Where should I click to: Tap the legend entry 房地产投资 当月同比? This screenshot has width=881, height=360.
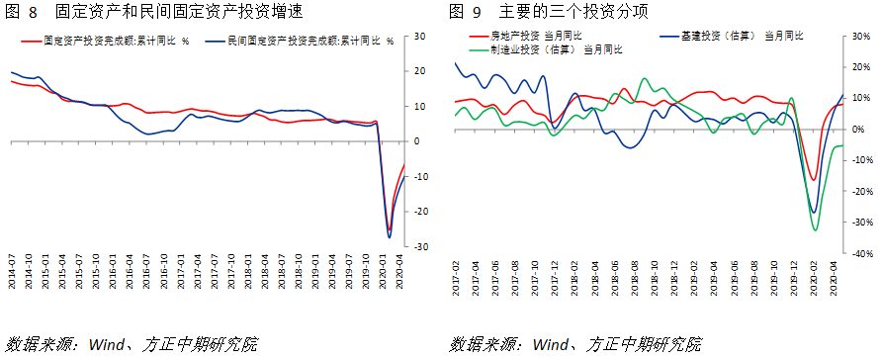click(533, 36)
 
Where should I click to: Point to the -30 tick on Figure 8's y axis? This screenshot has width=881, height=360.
click(419, 246)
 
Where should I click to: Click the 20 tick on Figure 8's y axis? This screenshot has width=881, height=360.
click(419, 71)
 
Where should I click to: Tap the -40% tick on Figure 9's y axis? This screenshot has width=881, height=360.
click(861, 253)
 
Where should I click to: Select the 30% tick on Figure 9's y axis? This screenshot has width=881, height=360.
click(861, 37)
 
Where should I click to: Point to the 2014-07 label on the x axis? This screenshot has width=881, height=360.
click(13, 271)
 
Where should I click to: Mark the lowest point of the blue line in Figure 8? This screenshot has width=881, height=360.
click(389, 237)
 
